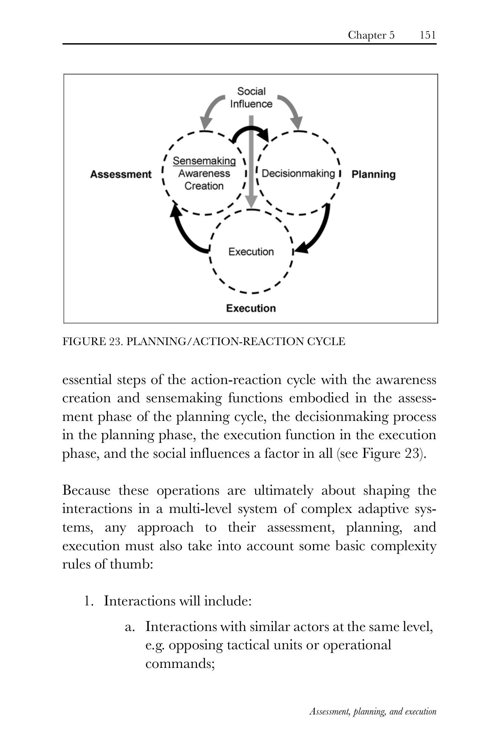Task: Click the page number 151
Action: pos(427,35)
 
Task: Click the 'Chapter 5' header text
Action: pos(371,35)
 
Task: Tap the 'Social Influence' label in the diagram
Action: pos(251,97)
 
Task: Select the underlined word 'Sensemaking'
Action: pos(204,161)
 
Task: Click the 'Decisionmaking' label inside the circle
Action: pos(298,174)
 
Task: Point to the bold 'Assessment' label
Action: pos(121,175)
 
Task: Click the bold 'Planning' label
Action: pos(373,175)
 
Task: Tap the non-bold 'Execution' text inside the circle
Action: pos(251,252)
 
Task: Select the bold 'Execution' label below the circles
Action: pos(251,308)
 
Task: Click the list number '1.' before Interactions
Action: pos(89,601)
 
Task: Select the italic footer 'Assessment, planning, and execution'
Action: pos(373,711)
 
